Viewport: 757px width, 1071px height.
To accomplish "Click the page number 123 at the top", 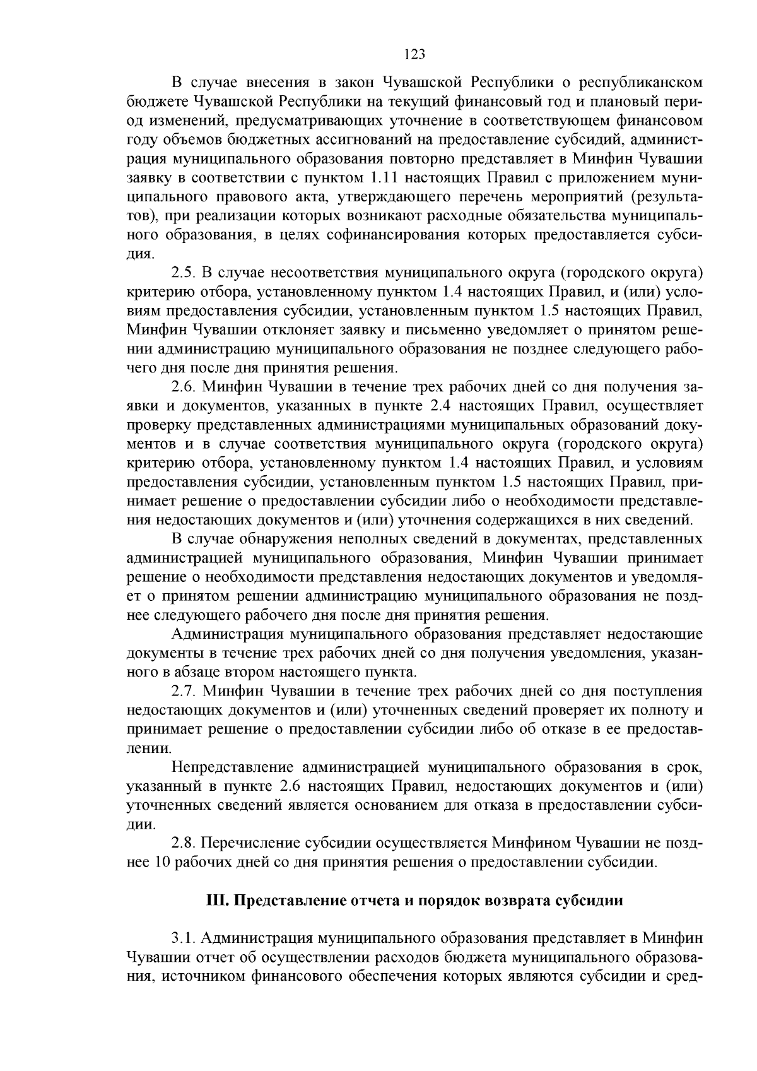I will [x=414, y=54].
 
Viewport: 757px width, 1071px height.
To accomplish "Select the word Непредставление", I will [x=232, y=767].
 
